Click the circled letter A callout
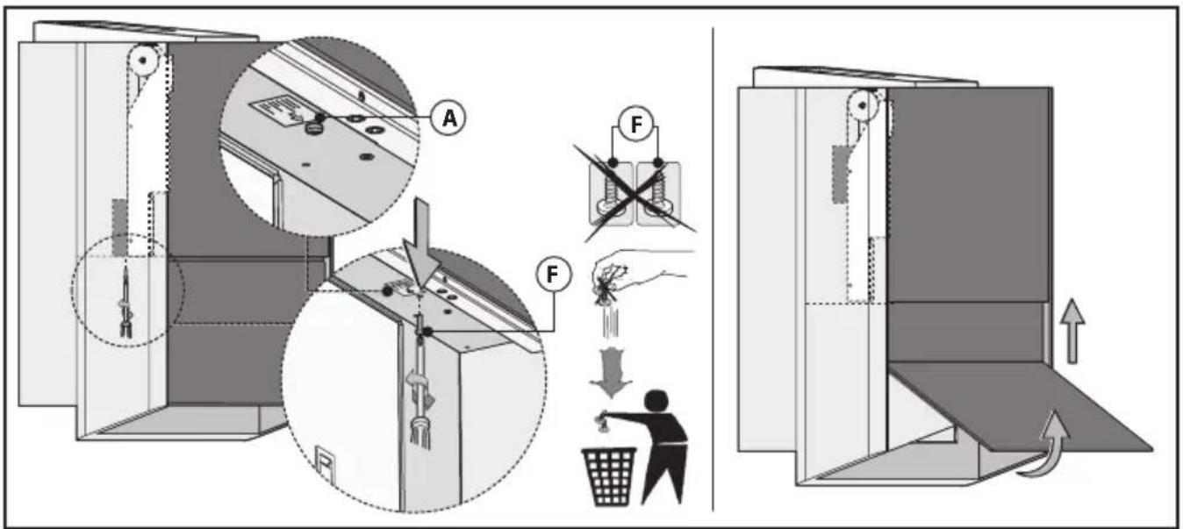(448, 118)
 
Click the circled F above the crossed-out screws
(636, 125)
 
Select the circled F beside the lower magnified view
(552, 275)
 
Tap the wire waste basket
(609, 476)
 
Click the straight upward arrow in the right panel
(1072, 332)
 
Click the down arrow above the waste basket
(611, 373)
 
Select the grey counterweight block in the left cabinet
(120, 225)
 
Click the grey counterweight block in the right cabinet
(840, 174)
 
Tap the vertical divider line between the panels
(713, 268)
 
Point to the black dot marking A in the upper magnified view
(320, 118)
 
